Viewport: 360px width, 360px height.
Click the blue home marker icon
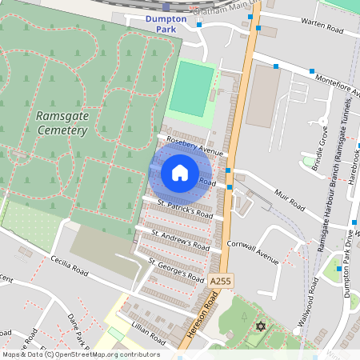[x=180, y=173]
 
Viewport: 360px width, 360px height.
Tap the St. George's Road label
[x=176, y=270]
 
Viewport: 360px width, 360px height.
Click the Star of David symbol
[x=258, y=327]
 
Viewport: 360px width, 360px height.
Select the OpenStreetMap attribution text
[x=80, y=354]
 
